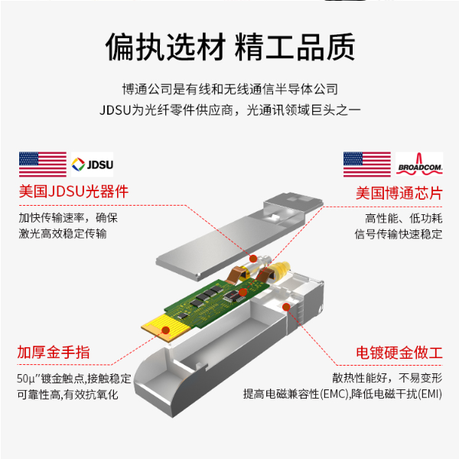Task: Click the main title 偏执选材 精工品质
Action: click(229, 47)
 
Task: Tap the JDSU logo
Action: click(92, 163)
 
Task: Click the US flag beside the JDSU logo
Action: click(43, 163)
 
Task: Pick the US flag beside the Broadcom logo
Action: click(366, 164)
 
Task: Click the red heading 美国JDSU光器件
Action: click(73, 192)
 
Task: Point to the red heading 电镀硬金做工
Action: click(399, 353)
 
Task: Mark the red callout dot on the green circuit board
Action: click(242, 292)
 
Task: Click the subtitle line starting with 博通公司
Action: click(229, 90)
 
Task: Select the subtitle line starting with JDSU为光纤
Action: click(229, 109)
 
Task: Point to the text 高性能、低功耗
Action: click(404, 217)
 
